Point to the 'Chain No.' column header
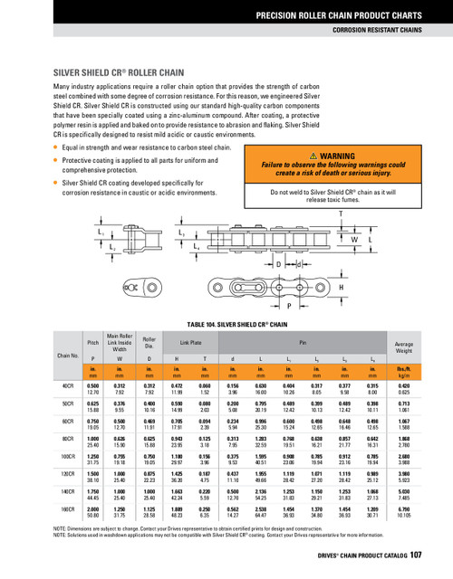point(67,356)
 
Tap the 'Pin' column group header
point(304,342)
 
